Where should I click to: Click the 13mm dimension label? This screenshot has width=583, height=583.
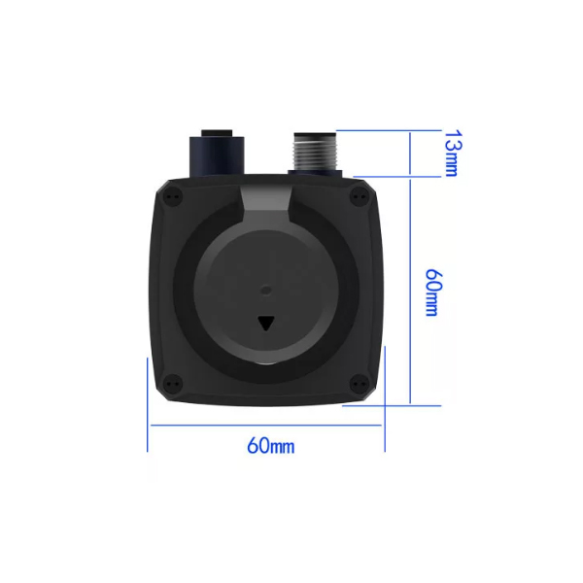[453, 154]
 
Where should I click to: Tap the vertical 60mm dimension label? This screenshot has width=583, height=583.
[433, 292]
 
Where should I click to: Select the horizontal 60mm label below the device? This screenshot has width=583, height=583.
[271, 445]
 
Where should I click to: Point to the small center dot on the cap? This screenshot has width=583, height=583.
[266, 290]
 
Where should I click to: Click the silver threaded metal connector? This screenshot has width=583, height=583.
[315, 152]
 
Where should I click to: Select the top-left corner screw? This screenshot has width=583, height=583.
[174, 196]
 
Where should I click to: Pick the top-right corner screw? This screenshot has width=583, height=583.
[360, 195]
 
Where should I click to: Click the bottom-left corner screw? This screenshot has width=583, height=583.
[173, 383]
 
